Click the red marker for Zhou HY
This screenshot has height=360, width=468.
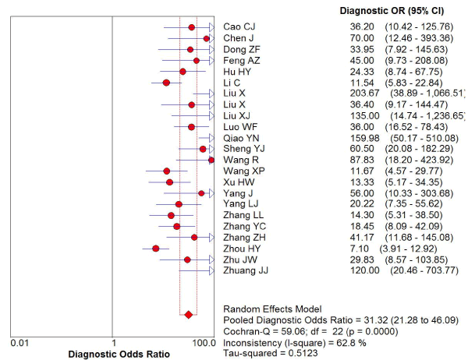pyautogui.click(x=156, y=249)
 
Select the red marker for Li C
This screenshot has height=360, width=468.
pyautogui.click(x=166, y=82)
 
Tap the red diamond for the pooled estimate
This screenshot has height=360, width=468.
pyautogui.click(x=188, y=315)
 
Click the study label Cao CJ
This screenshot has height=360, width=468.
pyautogui.click(x=239, y=27)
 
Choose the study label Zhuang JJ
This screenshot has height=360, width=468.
pyautogui.click(x=246, y=270)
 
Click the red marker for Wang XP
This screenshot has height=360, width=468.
pyautogui.click(x=166, y=171)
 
